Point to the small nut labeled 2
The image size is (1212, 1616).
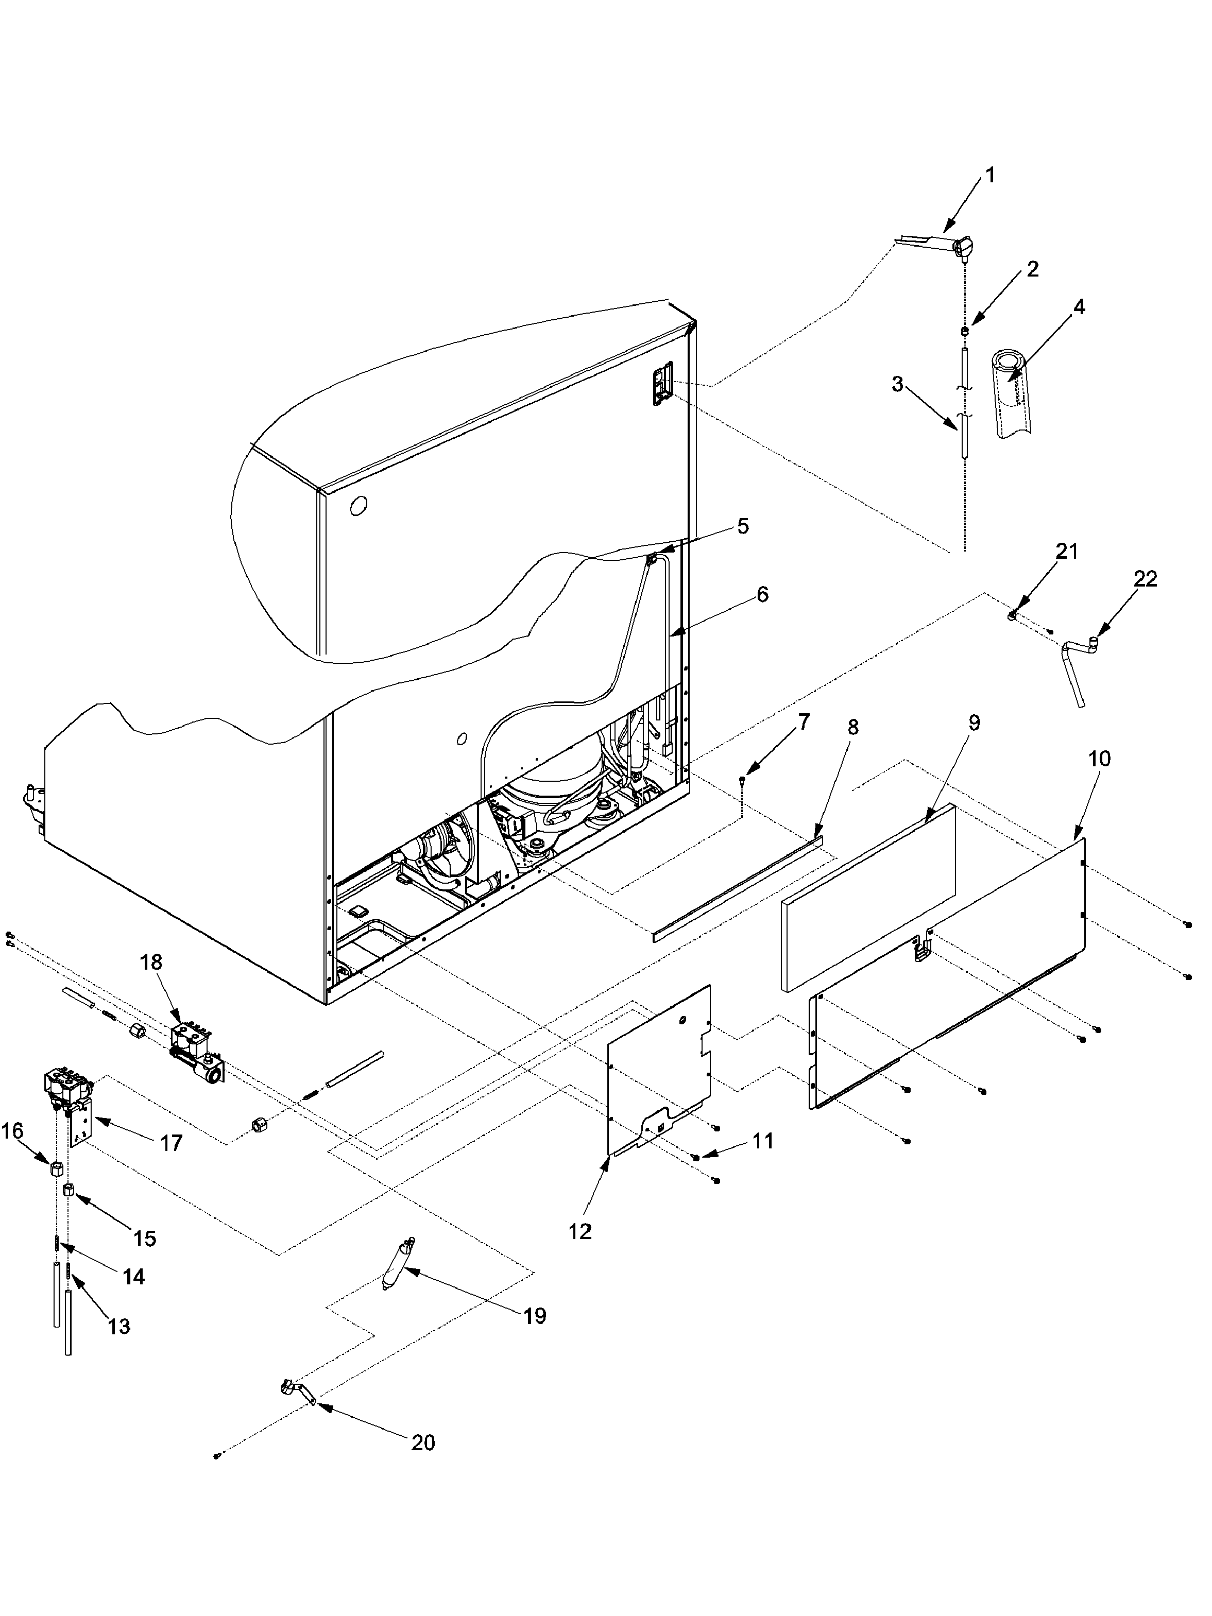964,331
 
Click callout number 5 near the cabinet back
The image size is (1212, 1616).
742,526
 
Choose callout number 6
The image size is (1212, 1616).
762,595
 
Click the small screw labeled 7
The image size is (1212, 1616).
743,782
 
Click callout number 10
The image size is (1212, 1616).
1099,759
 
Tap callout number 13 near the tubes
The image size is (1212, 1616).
119,1326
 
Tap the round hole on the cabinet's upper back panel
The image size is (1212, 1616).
358,506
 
